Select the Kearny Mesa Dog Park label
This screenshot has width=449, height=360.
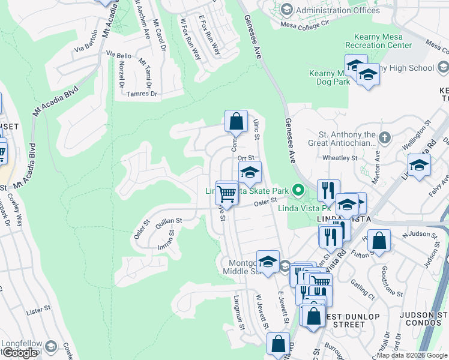coord(329,77)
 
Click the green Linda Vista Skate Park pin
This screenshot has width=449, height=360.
coord(296,191)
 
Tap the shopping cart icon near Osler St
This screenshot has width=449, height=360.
coord(226,193)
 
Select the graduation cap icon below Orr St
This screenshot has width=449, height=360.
coord(249,172)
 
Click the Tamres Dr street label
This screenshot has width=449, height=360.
coord(145,94)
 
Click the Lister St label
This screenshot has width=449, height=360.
coord(37,313)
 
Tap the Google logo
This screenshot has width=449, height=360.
coord(20,353)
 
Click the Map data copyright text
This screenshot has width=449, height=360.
coord(411,355)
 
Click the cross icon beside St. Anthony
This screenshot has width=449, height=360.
coord(384,139)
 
